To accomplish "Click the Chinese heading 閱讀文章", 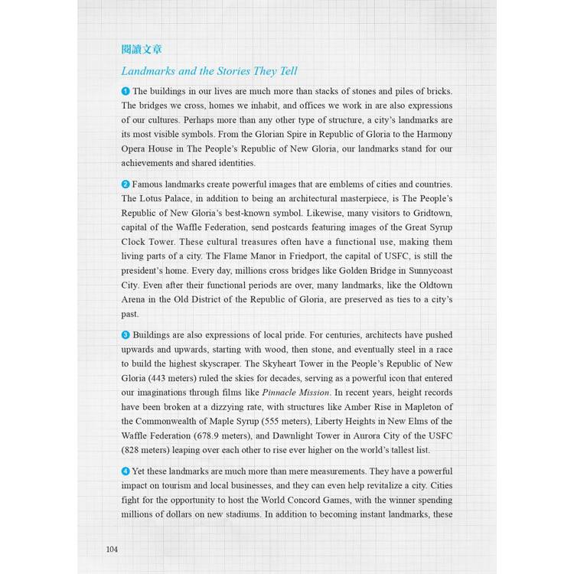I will pyautogui.click(x=142, y=50).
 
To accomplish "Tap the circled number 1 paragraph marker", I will pyautogui.click(x=126, y=91).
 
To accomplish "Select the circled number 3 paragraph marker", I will pyautogui.click(x=126, y=335).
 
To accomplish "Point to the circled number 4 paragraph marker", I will pyautogui.click(x=126, y=471).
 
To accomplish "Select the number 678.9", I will pyautogui.click(x=217, y=436).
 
